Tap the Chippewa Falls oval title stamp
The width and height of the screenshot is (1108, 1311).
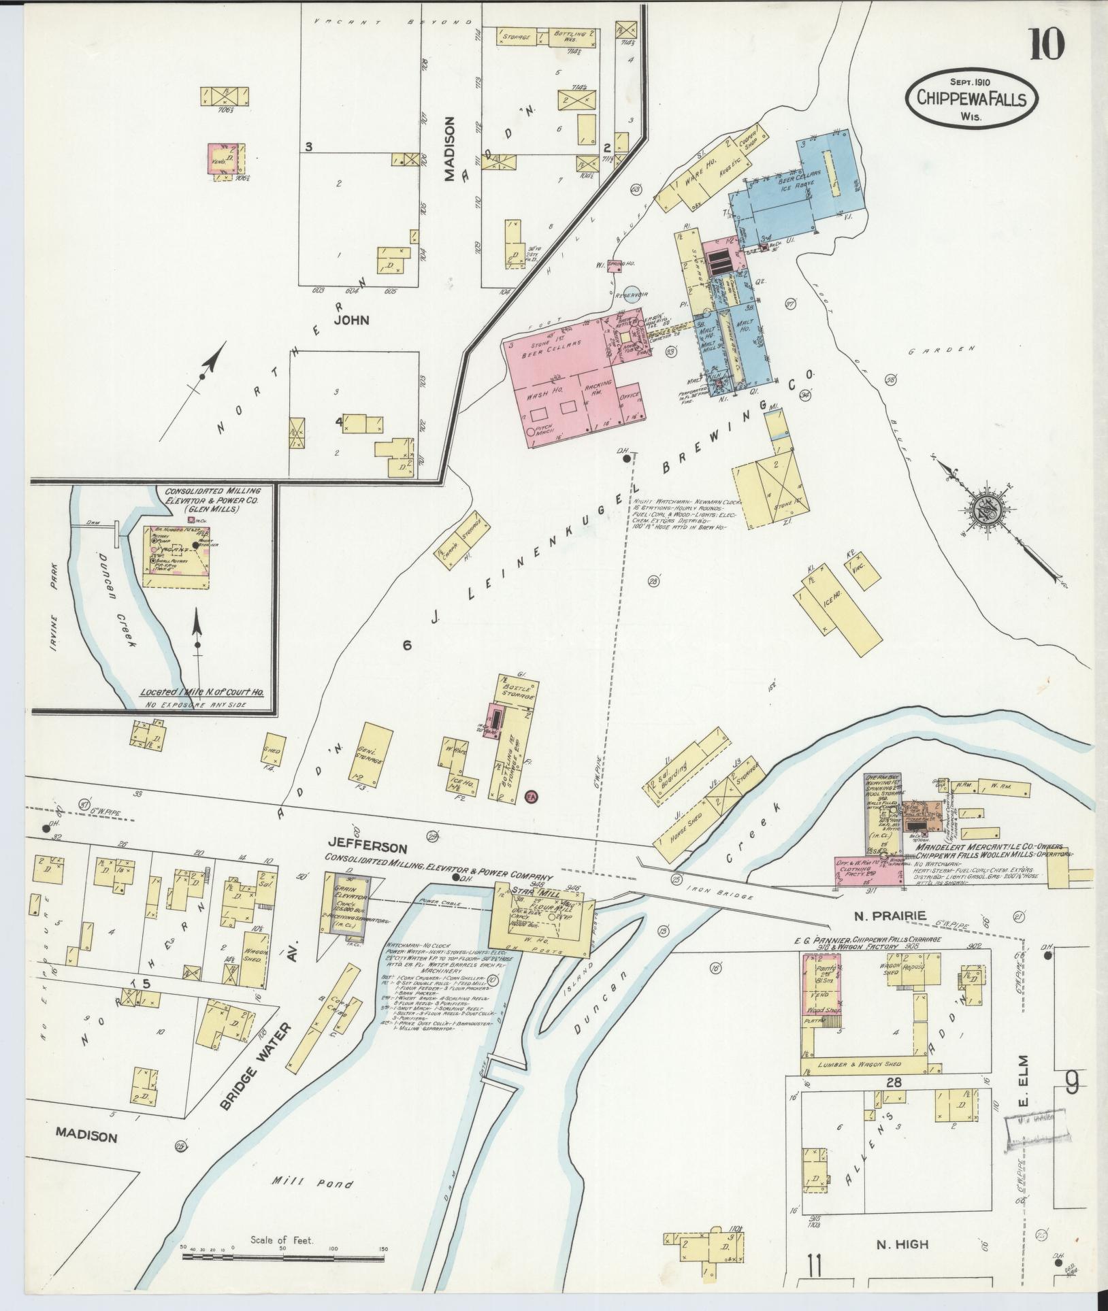971,99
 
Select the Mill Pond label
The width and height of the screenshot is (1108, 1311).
313,1184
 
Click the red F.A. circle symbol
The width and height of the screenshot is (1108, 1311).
532,795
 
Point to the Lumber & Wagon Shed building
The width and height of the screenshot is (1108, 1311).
862,1064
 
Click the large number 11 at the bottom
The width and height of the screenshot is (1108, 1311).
815,1267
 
